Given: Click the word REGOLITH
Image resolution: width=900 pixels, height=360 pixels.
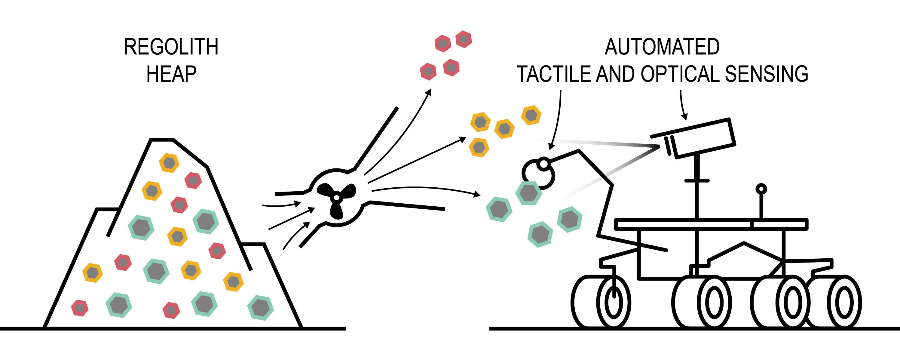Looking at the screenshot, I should (171, 47).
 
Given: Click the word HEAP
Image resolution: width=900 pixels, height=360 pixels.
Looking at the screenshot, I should (171, 74).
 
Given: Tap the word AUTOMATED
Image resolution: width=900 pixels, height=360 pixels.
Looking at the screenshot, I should (662, 47).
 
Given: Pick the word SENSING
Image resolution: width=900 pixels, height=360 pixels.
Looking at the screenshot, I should (767, 74).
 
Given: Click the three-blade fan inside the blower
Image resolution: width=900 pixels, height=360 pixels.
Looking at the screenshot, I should (336, 198).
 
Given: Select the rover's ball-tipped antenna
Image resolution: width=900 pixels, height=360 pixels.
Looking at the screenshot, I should (761, 190).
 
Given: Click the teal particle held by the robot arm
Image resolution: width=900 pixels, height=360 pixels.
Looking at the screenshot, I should (529, 193).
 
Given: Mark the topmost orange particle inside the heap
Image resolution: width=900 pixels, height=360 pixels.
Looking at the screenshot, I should (169, 163).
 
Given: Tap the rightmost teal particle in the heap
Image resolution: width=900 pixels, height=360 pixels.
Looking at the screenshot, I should (260, 308).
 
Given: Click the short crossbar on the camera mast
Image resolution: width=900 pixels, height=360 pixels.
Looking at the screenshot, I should (697, 181).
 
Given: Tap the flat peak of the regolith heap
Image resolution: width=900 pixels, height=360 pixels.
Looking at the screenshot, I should (162, 140).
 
